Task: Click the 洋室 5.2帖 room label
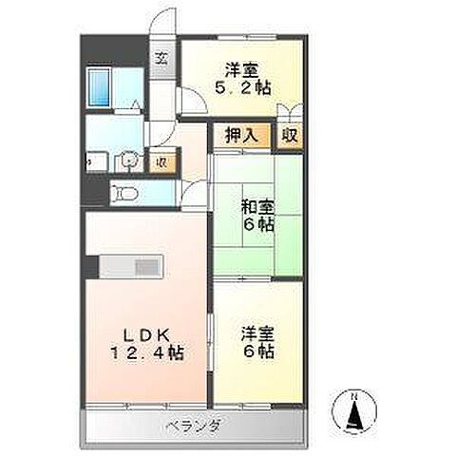pos(244,78)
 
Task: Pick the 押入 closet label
pos(240,136)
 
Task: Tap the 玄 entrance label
pos(161,57)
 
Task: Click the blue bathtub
pos(100,87)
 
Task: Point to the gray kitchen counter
pos(133,267)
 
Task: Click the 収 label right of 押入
pos(289,136)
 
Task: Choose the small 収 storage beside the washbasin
pos(162,161)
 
